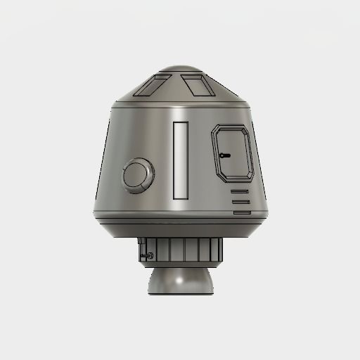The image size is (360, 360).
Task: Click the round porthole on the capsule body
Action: [x=136, y=176]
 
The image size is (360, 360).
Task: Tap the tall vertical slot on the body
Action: [x=181, y=160]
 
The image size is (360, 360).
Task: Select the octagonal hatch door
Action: [x=232, y=153]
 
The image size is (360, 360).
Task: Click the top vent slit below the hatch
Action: [x=240, y=191]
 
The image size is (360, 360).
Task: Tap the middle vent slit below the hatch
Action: [x=240, y=201]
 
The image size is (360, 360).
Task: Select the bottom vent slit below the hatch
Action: [x=240, y=211]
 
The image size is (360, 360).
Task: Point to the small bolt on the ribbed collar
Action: [x=150, y=255]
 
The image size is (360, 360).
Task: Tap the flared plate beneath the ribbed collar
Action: [x=180, y=265]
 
